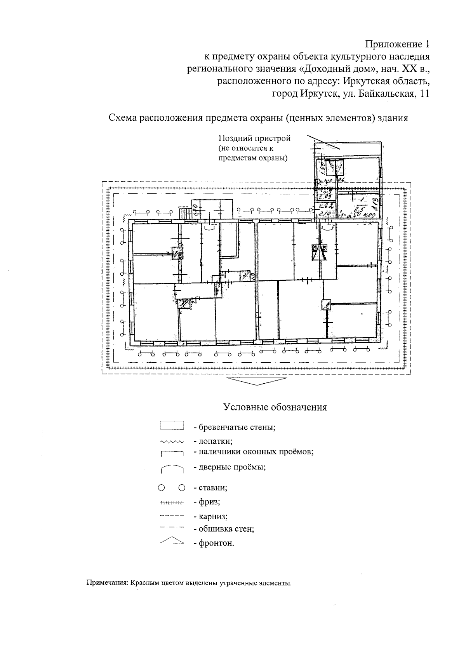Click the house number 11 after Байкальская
[x=424, y=94]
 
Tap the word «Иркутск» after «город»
[x=316, y=94]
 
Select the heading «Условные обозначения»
[x=275, y=407]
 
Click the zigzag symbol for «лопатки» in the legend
[x=171, y=442]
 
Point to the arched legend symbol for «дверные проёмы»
[x=171, y=469]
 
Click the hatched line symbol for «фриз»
[x=171, y=503]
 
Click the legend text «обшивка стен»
[x=226, y=529]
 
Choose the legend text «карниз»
[x=213, y=517]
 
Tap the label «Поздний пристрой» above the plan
[x=254, y=138]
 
